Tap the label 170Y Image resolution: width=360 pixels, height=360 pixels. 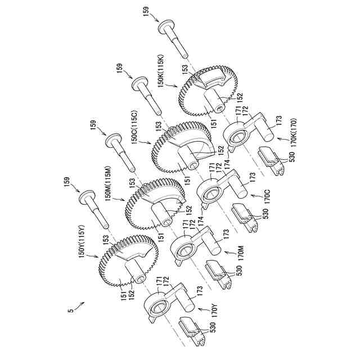(214, 310)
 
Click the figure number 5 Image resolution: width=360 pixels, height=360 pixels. (71, 310)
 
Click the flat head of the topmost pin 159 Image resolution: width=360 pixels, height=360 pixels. (165, 26)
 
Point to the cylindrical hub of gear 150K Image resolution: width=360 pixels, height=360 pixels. (214, 101)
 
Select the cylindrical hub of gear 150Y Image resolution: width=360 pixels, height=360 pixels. (136, 273)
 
